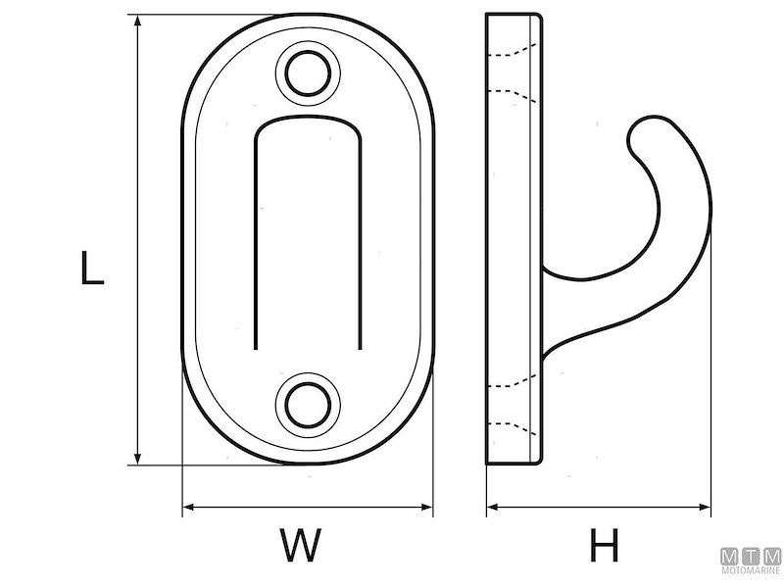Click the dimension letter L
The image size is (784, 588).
pyautogui.click(x=92, y=268)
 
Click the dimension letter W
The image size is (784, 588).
pyautogui.click(x=301, y=545)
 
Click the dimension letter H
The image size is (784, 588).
pyautogui.click(x=605, y=545)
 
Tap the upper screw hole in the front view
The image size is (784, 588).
pyautogui.click(x=308, y=73)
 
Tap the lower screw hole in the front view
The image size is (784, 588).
pyautogui.click(x=308, y=405)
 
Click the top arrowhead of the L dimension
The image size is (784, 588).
pyautogui.click(x=138, y=20)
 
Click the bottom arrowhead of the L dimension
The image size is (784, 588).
pyautogui.click(x=138, y=459)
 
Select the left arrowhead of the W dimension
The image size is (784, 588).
pyautogui.click(x=188, y=507)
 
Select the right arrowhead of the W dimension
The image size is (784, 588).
pyautogui.click(x=426, y=507)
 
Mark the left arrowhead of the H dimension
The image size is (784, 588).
pyautogui.click(x=493, y=507)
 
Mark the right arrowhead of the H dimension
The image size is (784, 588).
pyautogui.click(x=705, y=507)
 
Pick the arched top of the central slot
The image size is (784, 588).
pyautogui.click(x=308, y=125)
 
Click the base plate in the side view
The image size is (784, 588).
pyautogui.click(x=514, y=239)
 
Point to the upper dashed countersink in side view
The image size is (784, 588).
pyautogui.click(x=513, y=73)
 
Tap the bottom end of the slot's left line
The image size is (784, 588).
pyautogui.click(x=256, y=349)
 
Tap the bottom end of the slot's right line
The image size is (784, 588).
pyautogui.click(x=360, y=349)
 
